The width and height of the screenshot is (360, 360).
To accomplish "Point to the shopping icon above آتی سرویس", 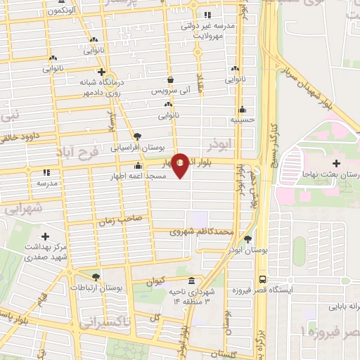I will click(170, 80).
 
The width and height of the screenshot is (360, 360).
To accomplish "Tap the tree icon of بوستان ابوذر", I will click(247, 238).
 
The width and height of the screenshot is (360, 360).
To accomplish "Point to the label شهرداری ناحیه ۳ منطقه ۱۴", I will click(189, 296).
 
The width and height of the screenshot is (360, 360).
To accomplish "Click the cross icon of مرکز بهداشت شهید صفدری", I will click(46, 237).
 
